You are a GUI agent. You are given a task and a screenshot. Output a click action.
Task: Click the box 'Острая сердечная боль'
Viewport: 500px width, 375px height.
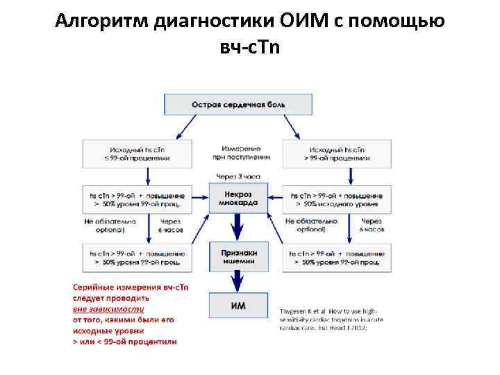pyautogui.click(x=238, y=105)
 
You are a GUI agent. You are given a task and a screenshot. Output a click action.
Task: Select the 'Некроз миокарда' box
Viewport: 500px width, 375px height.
pyautogui.click(x=238, y=199)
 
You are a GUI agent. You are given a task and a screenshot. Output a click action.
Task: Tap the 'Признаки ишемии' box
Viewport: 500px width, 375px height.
pyautogui.click(x=238, y=257)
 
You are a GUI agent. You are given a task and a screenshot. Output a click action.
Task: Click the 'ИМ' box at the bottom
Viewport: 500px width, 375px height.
pyautogui.click(x=238, y=305)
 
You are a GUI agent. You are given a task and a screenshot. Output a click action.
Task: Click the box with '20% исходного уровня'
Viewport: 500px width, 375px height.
pyautogui.click(x=337, y=200)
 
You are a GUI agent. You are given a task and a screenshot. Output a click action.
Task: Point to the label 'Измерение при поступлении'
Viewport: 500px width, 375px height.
pyautogui.click(x=238, y=153)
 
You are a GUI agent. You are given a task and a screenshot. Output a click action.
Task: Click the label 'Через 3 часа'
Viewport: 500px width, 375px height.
pyautogui.click(x=238, y=176)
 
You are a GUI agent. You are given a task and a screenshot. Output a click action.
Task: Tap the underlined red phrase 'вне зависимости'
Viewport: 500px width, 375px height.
pyautogui.click(x=109, y=309)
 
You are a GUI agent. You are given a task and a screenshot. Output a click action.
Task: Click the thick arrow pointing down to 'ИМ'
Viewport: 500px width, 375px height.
pyautogui.click(x=238, y=281)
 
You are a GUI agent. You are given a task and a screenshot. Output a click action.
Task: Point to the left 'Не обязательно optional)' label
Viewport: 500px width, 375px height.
pyautogui.click(x=110, y=225)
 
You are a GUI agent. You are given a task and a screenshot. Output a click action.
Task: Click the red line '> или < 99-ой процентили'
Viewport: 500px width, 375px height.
pyautogui.click(x=125, y=342)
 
